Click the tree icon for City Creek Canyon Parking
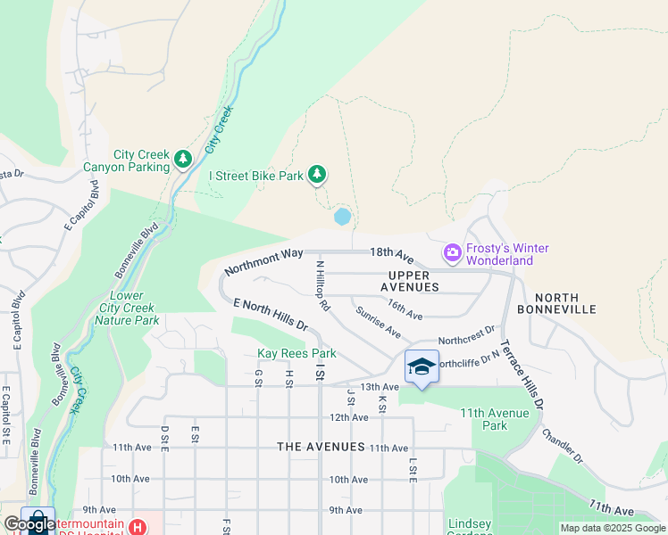pos(183,159)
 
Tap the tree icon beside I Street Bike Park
pos(316,175)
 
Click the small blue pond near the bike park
pos(342,217)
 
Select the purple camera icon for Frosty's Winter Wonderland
pos(452,253)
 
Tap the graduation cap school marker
pos(422,366)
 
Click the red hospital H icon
pos(137,527)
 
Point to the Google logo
pos(29,524)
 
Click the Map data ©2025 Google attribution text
pos(612,527)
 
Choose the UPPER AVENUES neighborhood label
pos(409,281)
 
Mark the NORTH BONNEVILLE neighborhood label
pos(564,303)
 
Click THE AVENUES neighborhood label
pos(321,447)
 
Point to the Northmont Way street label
pos(263,261)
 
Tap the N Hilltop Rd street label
pos(322,286)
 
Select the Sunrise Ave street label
pos(378,323)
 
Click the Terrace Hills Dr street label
pos(522,374)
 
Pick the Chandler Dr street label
pos(562,446)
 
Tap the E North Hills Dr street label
pos(270,316)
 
